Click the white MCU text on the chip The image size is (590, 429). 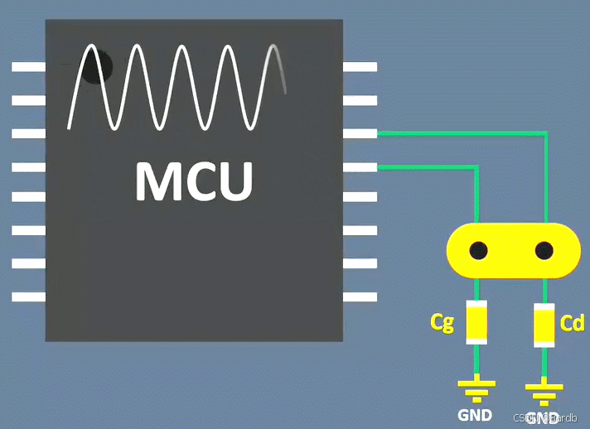point(194,181)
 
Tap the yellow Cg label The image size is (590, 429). point(442,322)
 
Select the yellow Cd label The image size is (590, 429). point(572,323)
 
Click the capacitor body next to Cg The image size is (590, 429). point(476,322)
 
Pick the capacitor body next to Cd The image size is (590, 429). point(544,325)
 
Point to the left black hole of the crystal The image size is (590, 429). point(478,250)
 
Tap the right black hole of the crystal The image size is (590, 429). point(544,250)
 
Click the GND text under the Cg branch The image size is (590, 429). point(475,414)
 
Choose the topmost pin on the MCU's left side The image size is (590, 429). point(28,67)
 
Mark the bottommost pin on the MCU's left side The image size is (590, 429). point(28,296)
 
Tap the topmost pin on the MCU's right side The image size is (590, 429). point(360,67)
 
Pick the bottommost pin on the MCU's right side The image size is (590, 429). point(360,296)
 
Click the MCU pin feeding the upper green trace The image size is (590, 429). point(360,133)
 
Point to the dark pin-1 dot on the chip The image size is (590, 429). point(97,66)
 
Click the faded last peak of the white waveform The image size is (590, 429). point(274,53)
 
